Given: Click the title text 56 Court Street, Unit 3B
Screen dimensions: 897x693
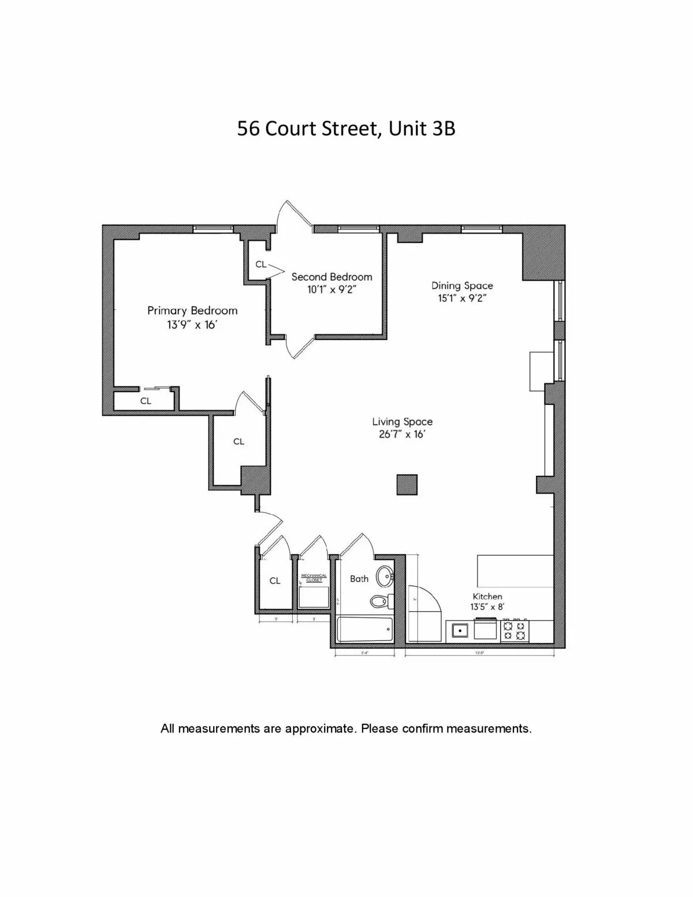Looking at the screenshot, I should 346,128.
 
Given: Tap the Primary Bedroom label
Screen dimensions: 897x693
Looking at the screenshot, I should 192,311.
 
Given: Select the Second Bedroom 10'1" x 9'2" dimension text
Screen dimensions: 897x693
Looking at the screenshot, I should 331,290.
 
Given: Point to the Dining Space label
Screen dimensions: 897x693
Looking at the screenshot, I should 462,285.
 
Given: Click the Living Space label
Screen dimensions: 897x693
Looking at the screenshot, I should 402,422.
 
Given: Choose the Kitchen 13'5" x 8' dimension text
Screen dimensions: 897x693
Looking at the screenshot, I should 487,607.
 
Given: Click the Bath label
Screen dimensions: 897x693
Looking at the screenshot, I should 359,578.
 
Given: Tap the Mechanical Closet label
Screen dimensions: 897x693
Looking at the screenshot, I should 314,578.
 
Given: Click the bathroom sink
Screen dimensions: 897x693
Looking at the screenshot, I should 385,575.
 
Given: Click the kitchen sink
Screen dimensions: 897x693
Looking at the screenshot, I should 460,630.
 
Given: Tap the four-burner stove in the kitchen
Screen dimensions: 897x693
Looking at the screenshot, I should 515,630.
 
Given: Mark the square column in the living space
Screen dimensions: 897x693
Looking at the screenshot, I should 407,485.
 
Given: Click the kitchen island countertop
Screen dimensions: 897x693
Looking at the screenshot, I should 515,571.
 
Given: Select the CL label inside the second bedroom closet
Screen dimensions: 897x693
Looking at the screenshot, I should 261,264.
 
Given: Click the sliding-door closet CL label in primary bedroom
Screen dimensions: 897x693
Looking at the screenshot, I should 146,400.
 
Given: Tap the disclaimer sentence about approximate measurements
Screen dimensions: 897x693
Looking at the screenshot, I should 346,728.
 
